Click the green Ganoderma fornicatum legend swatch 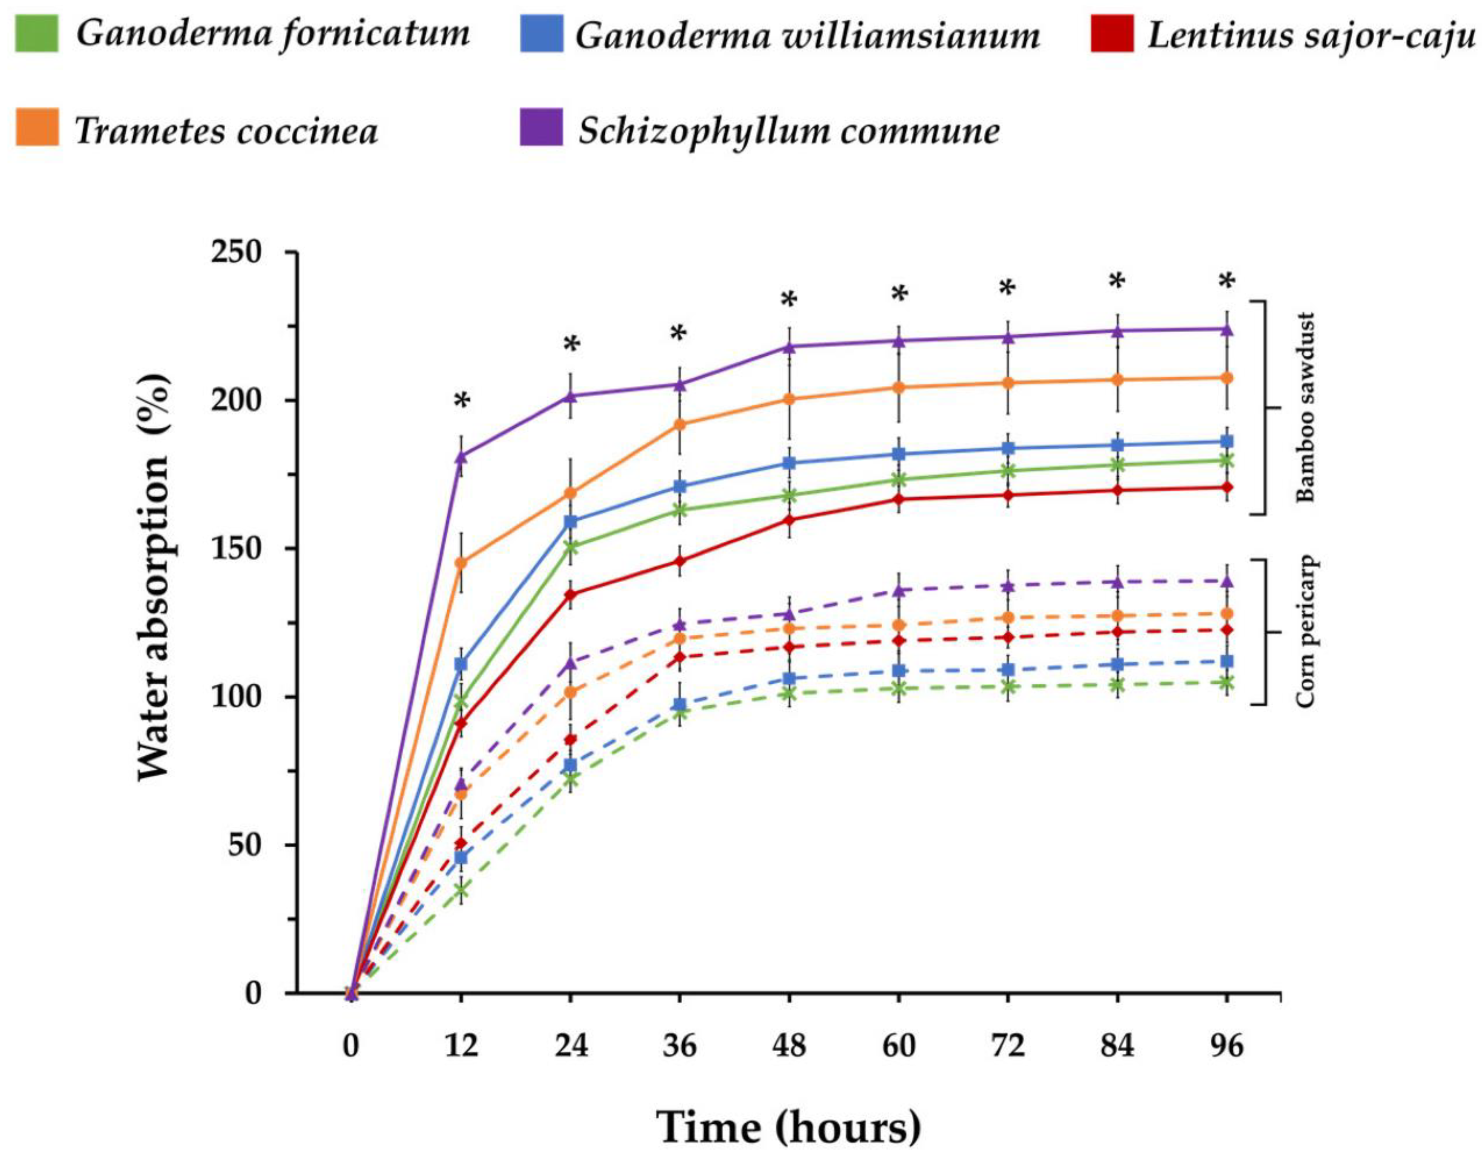pos(36,33)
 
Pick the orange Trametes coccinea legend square pos(36,127)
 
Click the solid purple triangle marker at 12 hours pos(461,456)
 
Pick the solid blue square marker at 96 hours pos(1227,441)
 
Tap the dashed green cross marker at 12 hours pos(461,890)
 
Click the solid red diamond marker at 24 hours pos(571,594)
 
